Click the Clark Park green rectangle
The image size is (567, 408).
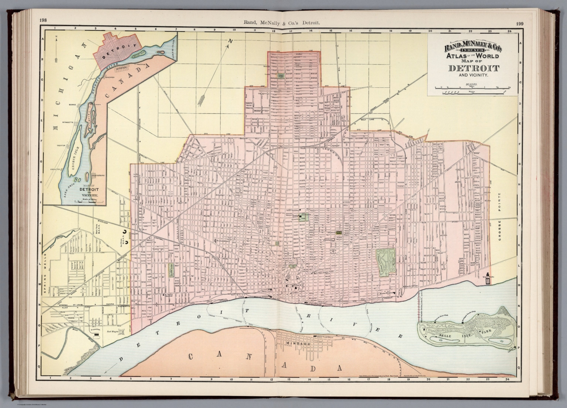(x=171, y=270)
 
